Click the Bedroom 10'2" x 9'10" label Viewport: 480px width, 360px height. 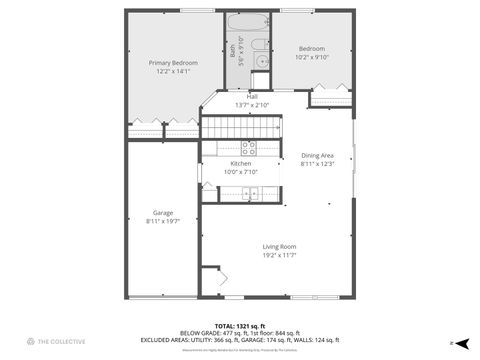(311, 48)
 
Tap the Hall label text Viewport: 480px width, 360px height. (252, 97)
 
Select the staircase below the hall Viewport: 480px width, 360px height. (240, 127)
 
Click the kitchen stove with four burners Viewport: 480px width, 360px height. (247, 147)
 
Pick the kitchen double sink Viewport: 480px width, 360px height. (247, 193)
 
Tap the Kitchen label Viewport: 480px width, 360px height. (240, 163)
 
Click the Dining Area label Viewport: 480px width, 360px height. (317, 155)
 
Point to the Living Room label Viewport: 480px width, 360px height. (279, 246)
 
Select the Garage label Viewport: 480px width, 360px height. (162, 212)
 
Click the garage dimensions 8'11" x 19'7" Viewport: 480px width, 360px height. (162, 221)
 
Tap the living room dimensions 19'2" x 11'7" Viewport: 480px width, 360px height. (279, 255)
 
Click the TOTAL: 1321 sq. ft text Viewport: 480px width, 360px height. (240, 325)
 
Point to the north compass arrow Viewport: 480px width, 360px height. (462, 342)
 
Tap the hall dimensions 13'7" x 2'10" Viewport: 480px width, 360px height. (252, 105)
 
